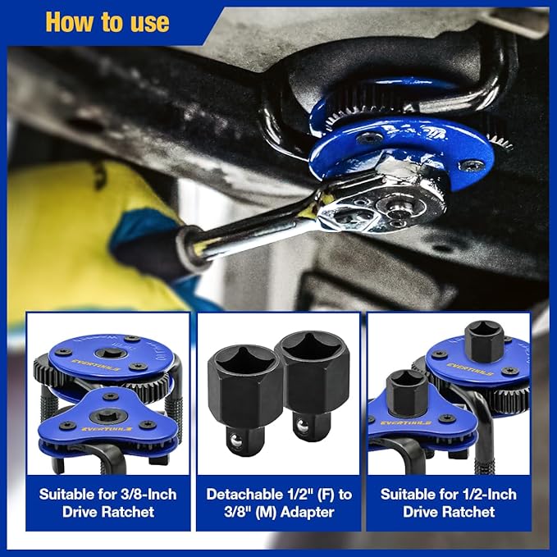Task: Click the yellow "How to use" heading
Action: point(107,21)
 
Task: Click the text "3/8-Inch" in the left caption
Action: point(143,495)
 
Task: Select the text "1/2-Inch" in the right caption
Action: point(485,495)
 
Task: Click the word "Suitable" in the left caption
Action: point(74,495)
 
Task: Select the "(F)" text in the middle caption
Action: point(322,495)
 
